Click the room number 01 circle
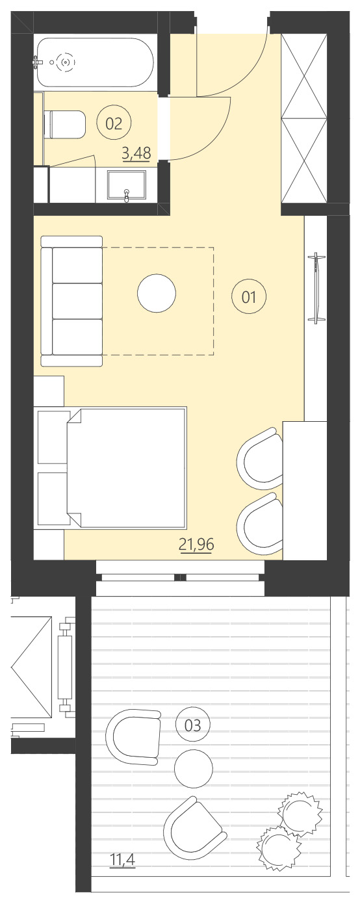[249, 297]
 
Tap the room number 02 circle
[114, 123]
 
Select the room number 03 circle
[193, 725]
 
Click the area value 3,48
[136, 154]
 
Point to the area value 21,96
[197, 544]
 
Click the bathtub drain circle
[64, 62]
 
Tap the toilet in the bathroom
[65, 124]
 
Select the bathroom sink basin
[127, 185]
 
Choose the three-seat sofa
[71, 301]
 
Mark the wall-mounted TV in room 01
[317, 287]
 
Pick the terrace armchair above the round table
[136, 736]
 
